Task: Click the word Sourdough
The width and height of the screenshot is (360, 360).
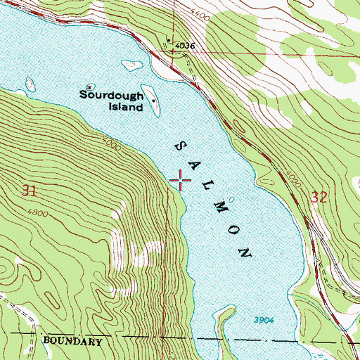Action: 111,94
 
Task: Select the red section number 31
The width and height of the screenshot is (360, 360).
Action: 29,190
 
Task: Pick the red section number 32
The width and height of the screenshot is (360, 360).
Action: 318,199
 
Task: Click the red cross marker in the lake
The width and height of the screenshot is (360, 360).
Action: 180,181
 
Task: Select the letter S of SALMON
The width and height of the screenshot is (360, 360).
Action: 178,144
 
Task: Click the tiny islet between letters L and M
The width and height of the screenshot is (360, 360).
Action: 231,200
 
